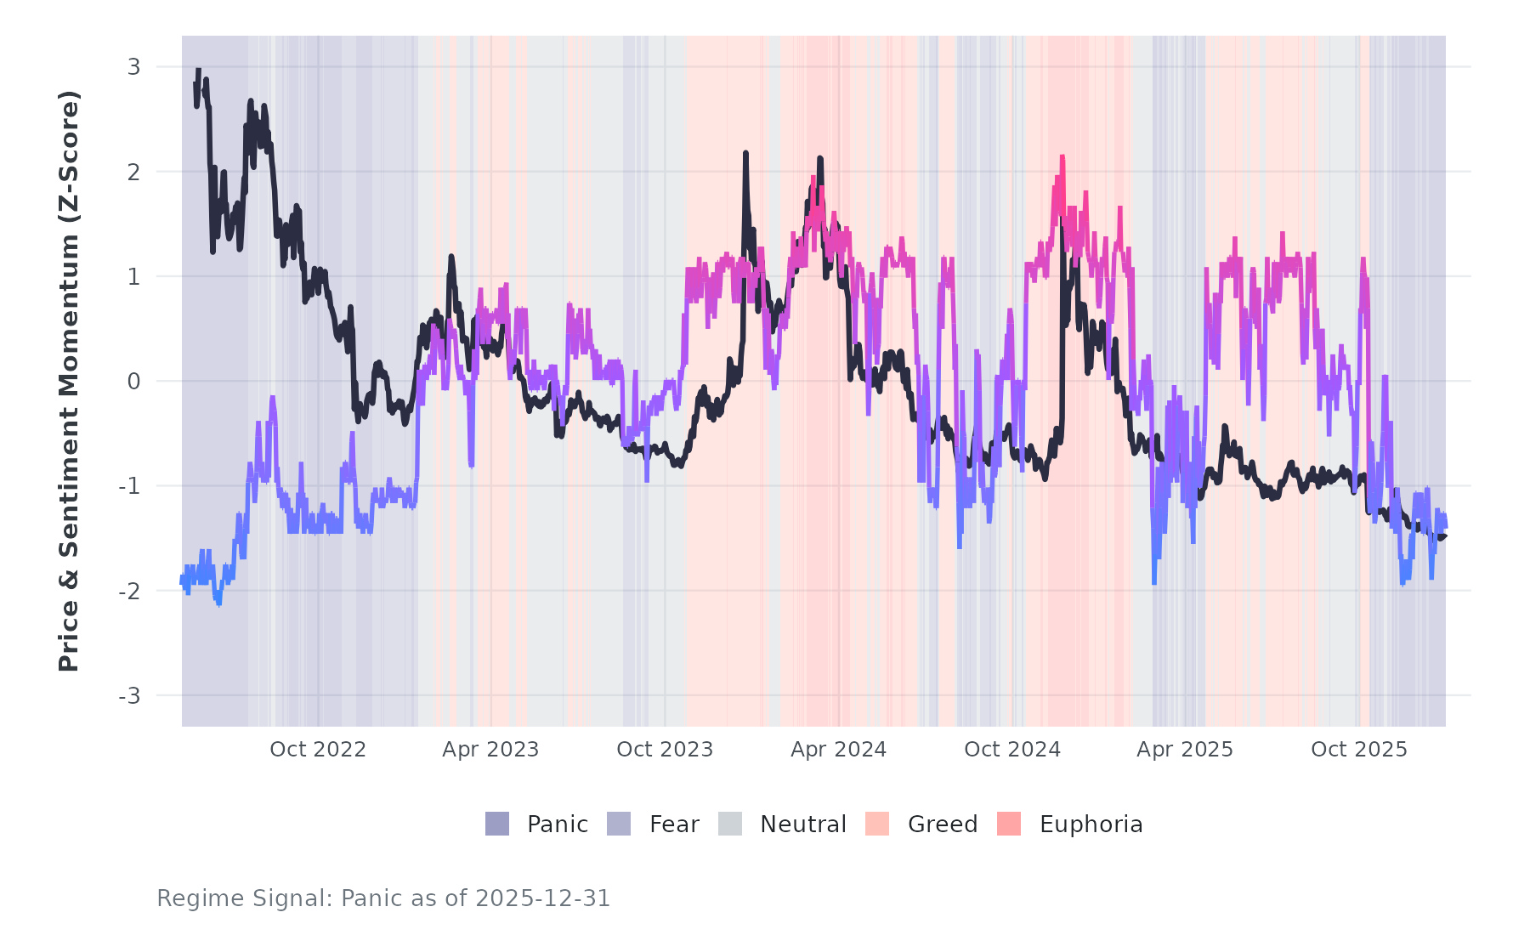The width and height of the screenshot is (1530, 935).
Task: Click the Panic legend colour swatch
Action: [x=497, y=824]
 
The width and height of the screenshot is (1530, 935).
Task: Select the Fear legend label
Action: [x=674, y=824]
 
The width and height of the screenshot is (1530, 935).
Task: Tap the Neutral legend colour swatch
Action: [x=730, y=824]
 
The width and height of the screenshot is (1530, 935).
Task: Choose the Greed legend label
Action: [x=943, y=824]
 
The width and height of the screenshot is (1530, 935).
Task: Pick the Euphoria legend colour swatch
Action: [x=1009, y=824]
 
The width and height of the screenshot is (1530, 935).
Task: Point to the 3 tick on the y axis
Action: [x=134, y=66]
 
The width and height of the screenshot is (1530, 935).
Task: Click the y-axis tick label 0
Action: [x=134, y=382]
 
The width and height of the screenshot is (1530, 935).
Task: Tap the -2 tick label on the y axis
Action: [x=129, y=591]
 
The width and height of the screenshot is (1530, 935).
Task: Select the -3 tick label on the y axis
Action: [x=129, y=696]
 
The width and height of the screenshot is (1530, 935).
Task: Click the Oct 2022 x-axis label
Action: [x=318, y=750]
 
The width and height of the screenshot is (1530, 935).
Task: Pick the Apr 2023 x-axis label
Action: [x=490, y=750]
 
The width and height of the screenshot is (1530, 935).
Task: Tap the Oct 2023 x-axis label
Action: [x=665, y=750]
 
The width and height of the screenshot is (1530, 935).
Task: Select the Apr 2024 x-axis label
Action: [x=838, y=750]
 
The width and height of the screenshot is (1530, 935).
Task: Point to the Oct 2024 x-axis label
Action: [x=1012, y=750]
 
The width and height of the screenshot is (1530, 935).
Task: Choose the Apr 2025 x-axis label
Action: [x=1185, y=750]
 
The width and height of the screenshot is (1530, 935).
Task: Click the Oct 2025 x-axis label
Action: [x=1359, y=750]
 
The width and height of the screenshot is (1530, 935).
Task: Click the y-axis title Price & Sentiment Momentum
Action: [x=69, y=381]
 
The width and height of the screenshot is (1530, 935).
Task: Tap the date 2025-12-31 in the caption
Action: [x=543, y=898]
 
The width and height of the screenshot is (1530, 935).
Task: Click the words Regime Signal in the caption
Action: [x=245, y=898]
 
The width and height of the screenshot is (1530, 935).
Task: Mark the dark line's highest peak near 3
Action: [x=198, y=71]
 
